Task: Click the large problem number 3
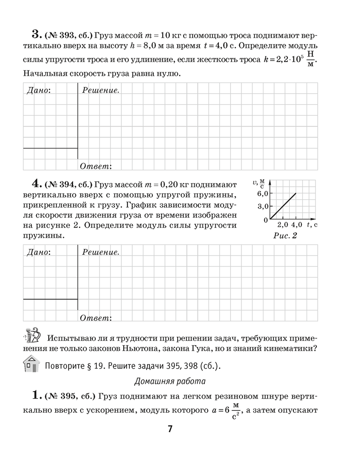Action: (36, 34)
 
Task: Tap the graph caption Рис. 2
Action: (285, 236)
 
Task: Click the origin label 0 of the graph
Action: (265, 220)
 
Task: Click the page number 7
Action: (171, 428)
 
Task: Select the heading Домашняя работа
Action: (170, 381)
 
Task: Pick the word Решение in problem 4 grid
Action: (100, 252)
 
